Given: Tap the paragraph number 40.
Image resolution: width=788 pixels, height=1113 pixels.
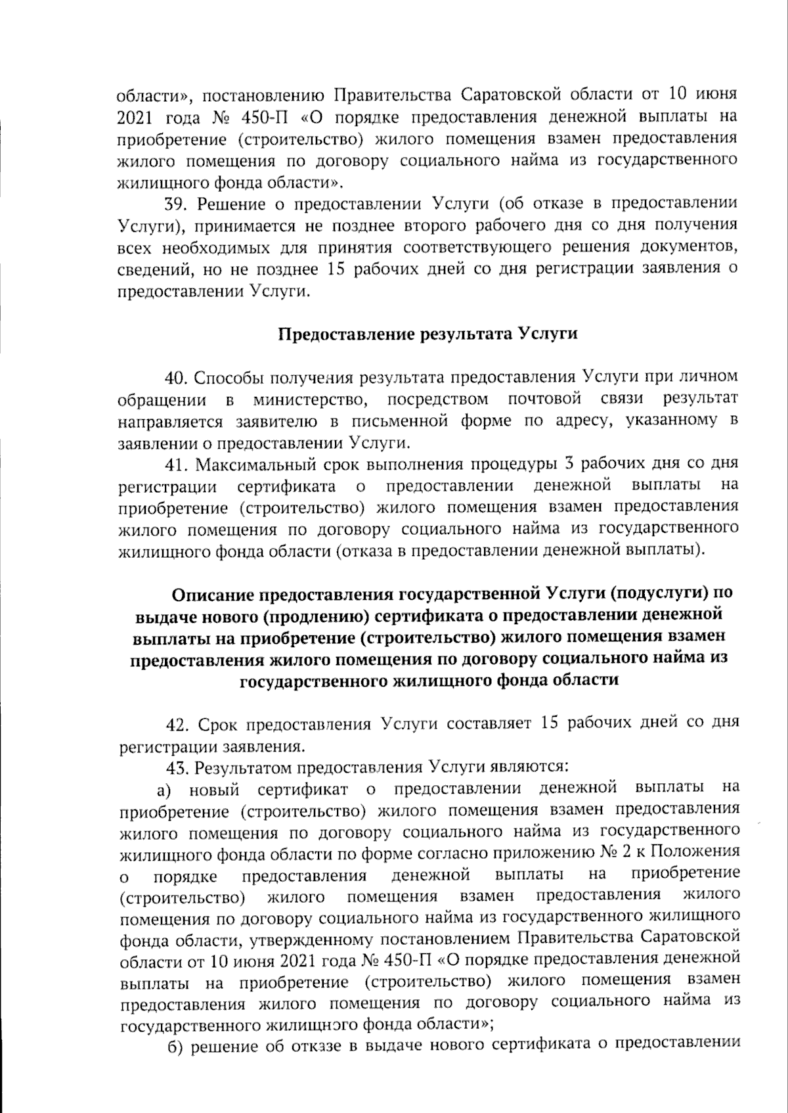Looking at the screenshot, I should pyautogui.click(x=176, y=378).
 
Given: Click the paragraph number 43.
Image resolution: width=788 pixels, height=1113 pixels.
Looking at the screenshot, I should pyautogui.click(x=176, y=767).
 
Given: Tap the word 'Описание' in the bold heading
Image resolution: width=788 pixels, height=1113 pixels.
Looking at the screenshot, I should pyautogui.click(x=214, y=595).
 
